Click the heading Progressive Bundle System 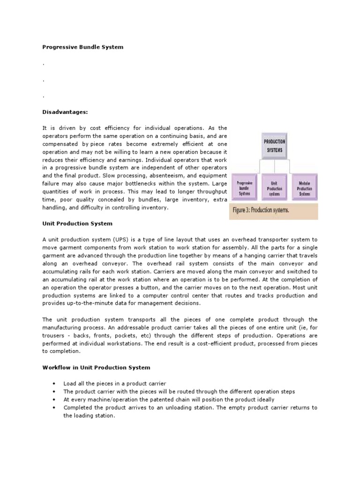click(x=83, y=47)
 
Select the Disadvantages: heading click(x=62, y=112)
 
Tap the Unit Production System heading click(x=77, y=224)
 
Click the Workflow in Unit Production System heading click(x=96, y=367)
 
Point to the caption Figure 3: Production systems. click(x=261, y=210)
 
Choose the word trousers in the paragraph click(x=56, y=336)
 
